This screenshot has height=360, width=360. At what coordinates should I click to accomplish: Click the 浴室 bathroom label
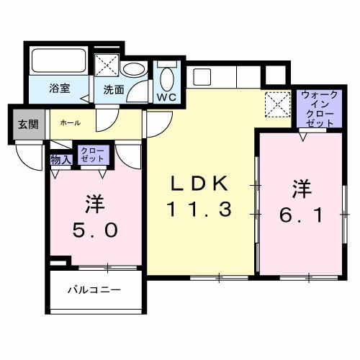pyautogui.click(x=59, y=89)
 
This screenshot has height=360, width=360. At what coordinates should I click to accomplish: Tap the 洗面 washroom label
pyautogui.click(x=114, y=90)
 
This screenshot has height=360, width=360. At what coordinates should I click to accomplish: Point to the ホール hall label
pyautogui.click(x=70, y=123)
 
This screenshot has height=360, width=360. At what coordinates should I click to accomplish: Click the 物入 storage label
pyautogui.click(x=60, y=158)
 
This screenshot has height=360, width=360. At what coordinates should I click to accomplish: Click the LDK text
pyautogui.click(x=200, y=184)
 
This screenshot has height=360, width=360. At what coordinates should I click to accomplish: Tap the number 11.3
pyautogui.click(x=200, y=210)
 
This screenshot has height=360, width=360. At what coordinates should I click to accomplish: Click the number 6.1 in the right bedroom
pyautogui.click(x=301, y=214)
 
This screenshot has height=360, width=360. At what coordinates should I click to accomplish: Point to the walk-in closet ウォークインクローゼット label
pyautogui.click(x=318, y=109)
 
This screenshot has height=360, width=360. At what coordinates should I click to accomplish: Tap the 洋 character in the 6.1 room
pyautogui.click(x=301, y=188)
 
